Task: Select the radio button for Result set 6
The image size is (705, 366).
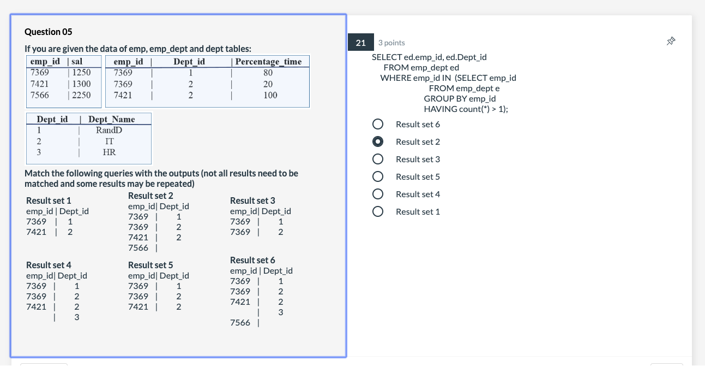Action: coord(377,125)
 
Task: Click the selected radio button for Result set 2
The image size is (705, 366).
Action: coord(377,142)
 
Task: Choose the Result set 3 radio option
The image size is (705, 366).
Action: coord(377,160)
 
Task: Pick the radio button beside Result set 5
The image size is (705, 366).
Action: coord(377,177)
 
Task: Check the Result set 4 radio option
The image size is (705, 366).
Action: coord(377,194)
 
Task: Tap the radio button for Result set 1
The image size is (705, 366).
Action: coord(377,212)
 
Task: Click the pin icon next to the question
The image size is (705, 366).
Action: coord(671,42)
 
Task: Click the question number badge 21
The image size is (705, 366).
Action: coord(360,43)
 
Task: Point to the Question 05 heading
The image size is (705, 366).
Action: coord(49,32)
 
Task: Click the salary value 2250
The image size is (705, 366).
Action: coord(81,95)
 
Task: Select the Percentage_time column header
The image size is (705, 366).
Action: coord(269,62)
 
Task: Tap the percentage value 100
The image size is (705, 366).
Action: coord(270,95)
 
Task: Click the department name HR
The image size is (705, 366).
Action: coord(109,152)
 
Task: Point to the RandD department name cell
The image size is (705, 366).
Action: coord(109,130)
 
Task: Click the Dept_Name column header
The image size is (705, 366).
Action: coord(111,119)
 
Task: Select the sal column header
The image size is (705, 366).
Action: coord(77,62)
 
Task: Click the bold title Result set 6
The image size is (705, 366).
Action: coord(252,260)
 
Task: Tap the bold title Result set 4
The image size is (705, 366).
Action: coord(49,265)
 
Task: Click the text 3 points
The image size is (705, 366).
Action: coord(391,43)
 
